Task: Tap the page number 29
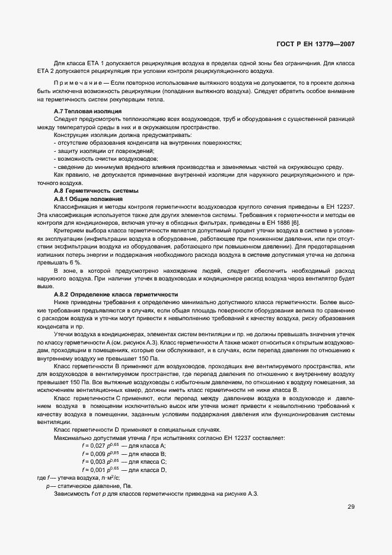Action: tap(350, 507)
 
